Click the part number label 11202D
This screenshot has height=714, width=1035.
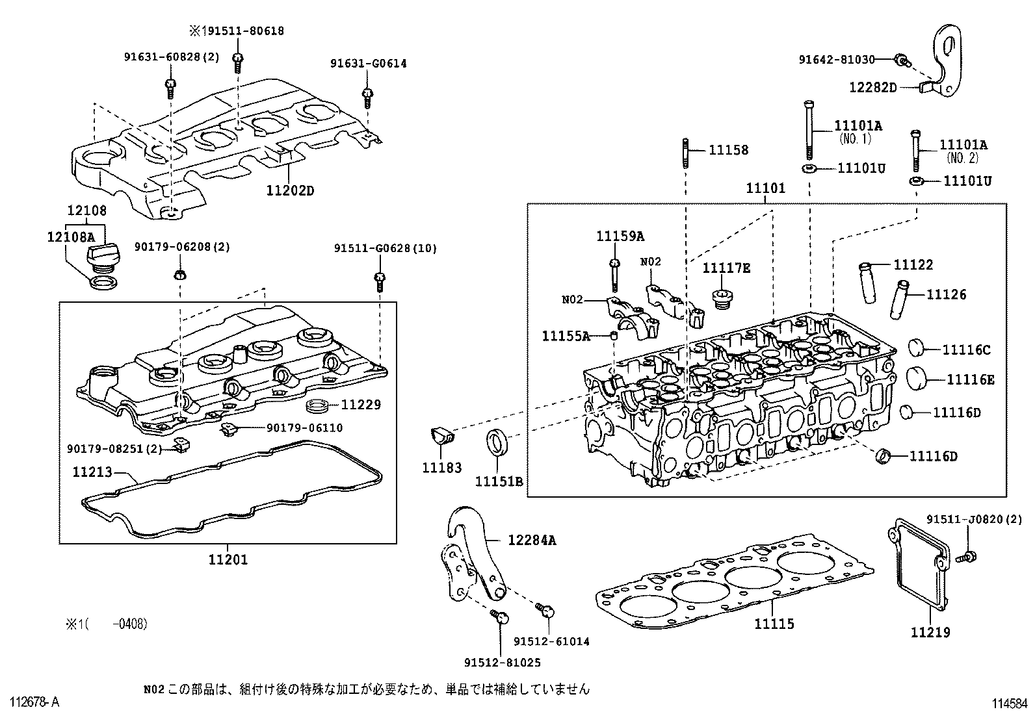pyautogui.click(x=289, y=190)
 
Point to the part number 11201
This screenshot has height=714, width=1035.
pyautogui.click(x=228, y=559)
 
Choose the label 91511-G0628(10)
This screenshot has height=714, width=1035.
pyautogui.click(x=386, y=248)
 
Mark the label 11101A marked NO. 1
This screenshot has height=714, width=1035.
pyautogui.click(x=858, y=126)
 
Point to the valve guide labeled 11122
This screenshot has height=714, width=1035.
pyautogui.click(x=867, y=281)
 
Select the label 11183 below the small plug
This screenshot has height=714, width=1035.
pyautogui.click(x=441, y=468)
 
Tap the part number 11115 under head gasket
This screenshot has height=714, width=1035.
pyautogui.click(x=774, y=624)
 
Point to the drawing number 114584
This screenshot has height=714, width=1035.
pyautogui.click(x=1009, y=703)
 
